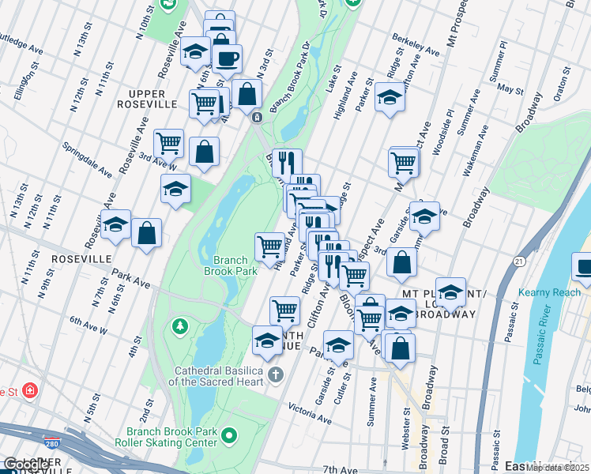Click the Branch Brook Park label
235,265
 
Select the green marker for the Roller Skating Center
230,434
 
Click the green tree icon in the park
181,325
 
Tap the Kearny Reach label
549,292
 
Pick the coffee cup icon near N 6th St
227,58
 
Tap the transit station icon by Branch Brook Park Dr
258,117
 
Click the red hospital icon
30,390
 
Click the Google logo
26,465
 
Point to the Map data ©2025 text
558,468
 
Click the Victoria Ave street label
311,410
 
